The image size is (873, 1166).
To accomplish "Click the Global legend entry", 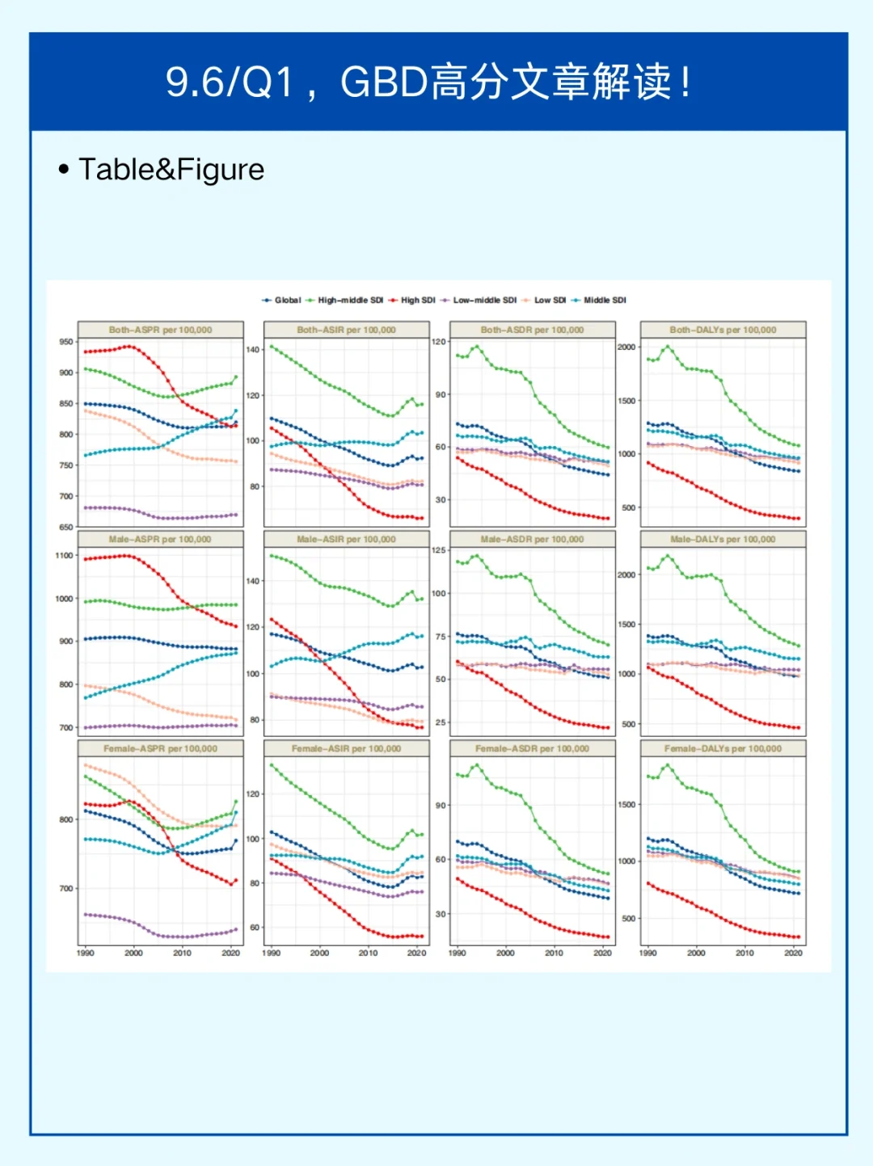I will click(287, 300).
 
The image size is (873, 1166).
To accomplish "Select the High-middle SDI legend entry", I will click(350, 300).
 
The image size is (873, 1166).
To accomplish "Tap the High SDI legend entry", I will click(417, 300).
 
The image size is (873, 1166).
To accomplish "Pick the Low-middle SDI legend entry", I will click(484, 300).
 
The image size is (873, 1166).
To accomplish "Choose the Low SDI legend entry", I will click(550, 300).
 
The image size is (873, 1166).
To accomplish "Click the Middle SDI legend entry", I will click(605, 300).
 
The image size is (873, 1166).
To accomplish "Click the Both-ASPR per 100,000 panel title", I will click(160, 330).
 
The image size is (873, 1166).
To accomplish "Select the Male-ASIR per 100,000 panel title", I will click(346, 539).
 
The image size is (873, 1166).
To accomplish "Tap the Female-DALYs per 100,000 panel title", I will click(723, 748).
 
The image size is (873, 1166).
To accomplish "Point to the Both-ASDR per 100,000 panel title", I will click(532, 330).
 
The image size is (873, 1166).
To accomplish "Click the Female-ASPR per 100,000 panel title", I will click(160, 748).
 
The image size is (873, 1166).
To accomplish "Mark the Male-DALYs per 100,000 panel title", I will click(723, 539).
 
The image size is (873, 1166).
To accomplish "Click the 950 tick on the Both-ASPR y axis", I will click(65, 342).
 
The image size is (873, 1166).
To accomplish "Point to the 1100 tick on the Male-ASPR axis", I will click(64, 555).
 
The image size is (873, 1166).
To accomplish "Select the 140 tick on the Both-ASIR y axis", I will click(253, 350).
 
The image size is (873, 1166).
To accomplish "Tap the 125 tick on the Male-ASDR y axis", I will click(439, 550).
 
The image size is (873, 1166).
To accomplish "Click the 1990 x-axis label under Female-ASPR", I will click(85, 953).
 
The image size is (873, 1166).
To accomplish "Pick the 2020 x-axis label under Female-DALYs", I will click(793, 953).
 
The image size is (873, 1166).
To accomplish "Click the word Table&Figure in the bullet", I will click(171, 170).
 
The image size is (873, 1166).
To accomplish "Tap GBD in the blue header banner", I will click(384, 82).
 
